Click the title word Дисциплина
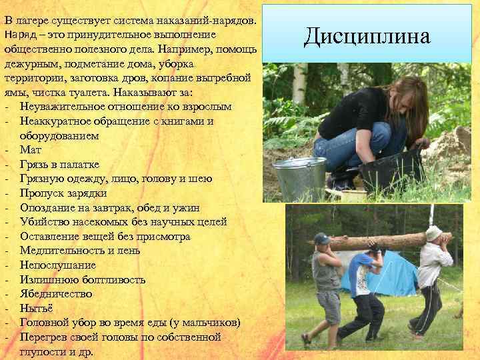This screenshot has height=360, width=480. (367, 35)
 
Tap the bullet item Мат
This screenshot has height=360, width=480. (31, 150)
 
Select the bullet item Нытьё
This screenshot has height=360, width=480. (36, 308)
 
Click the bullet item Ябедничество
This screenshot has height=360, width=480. (56, 294)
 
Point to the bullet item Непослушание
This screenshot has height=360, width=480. (58, 265)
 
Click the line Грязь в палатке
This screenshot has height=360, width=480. (60, 165)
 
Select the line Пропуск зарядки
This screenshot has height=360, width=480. (63, 193)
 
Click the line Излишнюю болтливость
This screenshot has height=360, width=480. (75, 279)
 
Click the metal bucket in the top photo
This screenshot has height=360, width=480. (299, 177)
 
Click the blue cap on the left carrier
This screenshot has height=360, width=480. (322, 238)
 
